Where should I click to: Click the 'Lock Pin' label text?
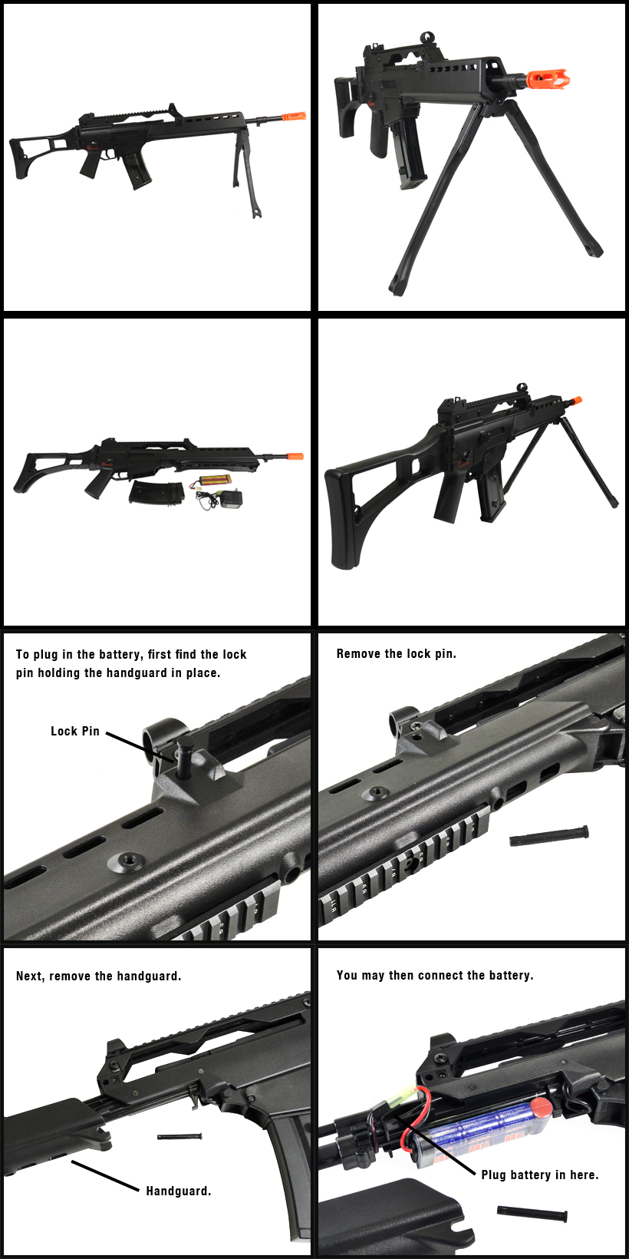coord(74,732)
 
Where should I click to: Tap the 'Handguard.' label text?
coord(179,1191)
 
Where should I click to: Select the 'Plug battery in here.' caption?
coord(540,1175)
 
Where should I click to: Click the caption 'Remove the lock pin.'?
coord(397,653)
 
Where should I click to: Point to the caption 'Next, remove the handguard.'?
coord(98,976)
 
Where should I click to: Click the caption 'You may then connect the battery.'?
coord(435,975)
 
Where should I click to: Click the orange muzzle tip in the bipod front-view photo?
coord(546,79)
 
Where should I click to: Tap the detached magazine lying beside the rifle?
coord(156,491)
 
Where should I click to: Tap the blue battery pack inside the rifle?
coord(475,1124)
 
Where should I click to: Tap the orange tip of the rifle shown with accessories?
coord(295,456)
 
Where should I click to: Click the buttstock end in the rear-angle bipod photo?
coord(340,520)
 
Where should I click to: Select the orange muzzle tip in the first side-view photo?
coord(293,117)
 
